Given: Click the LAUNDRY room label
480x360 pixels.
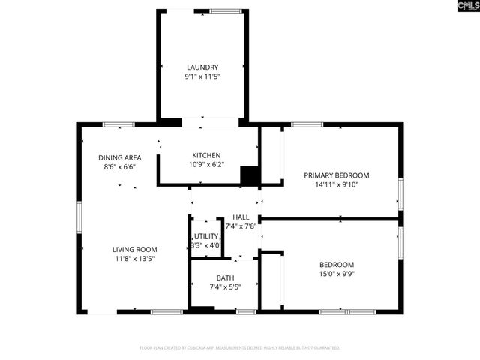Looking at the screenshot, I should [202, 67].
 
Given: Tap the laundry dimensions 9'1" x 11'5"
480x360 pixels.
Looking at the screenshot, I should [202, 76].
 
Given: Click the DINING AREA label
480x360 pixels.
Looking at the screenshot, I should [119, 157].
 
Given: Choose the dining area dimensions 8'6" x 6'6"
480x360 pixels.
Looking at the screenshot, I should [119, 167].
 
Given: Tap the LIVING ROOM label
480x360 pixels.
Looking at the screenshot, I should [134, 249].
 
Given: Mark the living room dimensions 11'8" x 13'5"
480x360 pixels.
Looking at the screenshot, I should [134, 259].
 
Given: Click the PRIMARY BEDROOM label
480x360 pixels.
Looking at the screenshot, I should [336, 175].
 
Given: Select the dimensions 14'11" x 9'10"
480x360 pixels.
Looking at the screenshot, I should [336, 184].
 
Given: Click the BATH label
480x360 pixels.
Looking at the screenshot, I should [225, 277].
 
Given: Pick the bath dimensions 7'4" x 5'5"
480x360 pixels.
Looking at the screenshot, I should [225, 286].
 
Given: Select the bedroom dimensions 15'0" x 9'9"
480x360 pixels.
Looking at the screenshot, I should [337, 274].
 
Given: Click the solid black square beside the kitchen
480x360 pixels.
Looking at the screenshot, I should [249, 175].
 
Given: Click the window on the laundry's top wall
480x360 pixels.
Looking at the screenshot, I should [226, 11].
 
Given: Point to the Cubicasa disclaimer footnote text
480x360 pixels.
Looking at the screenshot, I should [240, 348].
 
